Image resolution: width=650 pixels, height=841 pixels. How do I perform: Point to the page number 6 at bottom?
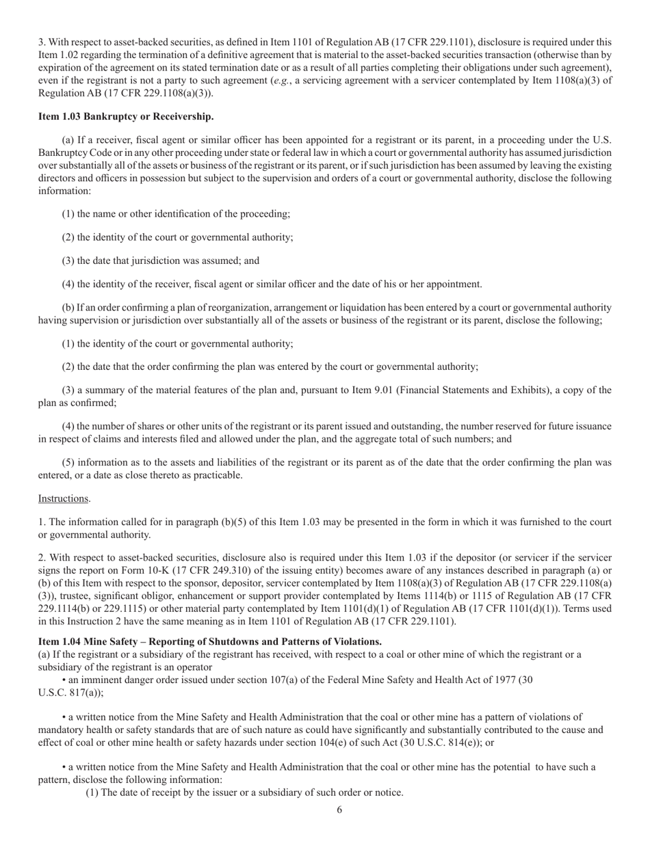coord(339,810)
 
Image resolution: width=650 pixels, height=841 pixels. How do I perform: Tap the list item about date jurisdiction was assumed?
coord(161,261)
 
